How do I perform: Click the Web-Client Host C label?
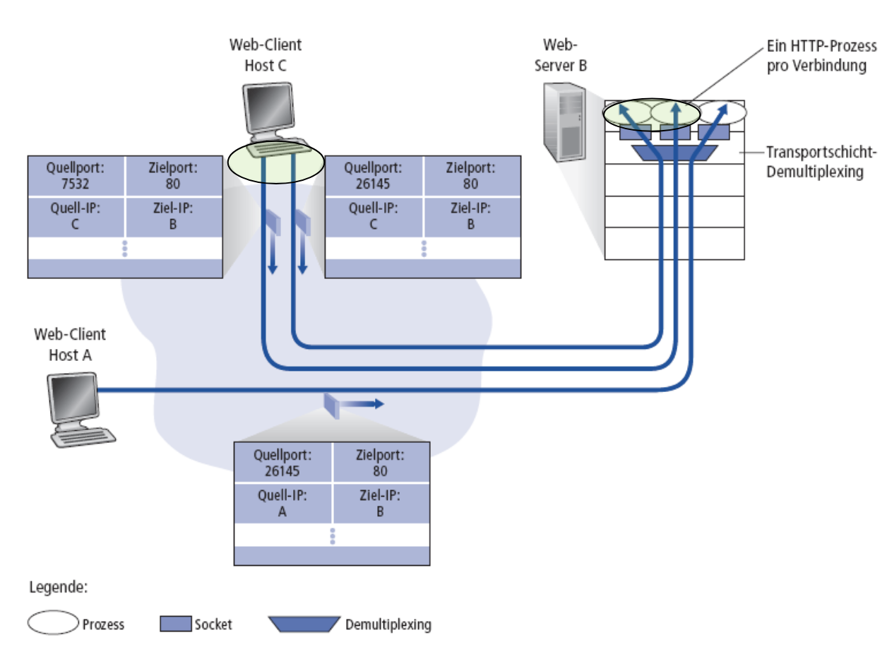pos(265,54)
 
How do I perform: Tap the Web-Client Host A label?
pos(70,344)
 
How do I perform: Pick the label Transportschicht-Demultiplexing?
pos(821,161)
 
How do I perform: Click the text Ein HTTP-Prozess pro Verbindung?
pos(821,57)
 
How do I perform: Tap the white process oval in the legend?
pos(52,622)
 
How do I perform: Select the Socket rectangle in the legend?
pos(176,624)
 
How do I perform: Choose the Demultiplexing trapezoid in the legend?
pos(304,624)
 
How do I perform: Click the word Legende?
pos(59,587)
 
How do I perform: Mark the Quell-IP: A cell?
pos(282,504)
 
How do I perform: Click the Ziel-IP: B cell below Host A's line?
pos(380,504)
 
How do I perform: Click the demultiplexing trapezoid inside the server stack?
pos(674,152)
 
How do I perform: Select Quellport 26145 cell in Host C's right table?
pos(374,176)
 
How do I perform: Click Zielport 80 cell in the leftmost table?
pos(173,176)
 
